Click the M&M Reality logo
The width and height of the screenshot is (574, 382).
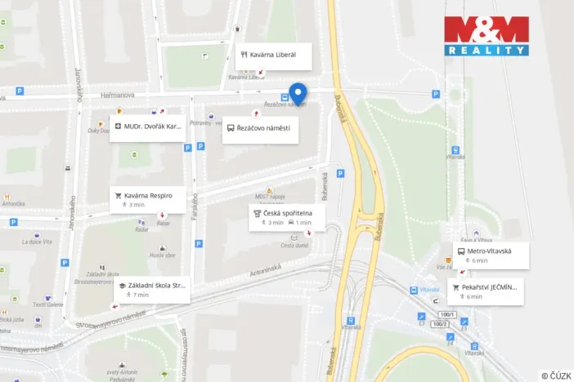487,36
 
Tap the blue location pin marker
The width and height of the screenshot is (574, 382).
298,94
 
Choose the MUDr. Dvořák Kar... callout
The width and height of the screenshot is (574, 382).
148,127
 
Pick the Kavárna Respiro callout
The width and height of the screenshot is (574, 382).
147,199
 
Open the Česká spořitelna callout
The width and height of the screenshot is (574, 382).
286,216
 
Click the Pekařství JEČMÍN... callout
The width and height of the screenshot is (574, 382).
485,291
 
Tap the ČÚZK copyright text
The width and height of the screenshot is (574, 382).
555,375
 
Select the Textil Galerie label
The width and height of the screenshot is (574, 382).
48,304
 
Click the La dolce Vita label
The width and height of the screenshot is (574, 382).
38,242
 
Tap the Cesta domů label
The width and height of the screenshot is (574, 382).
294,246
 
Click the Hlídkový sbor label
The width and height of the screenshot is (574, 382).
164,255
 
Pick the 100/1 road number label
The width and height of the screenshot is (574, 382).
446,314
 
